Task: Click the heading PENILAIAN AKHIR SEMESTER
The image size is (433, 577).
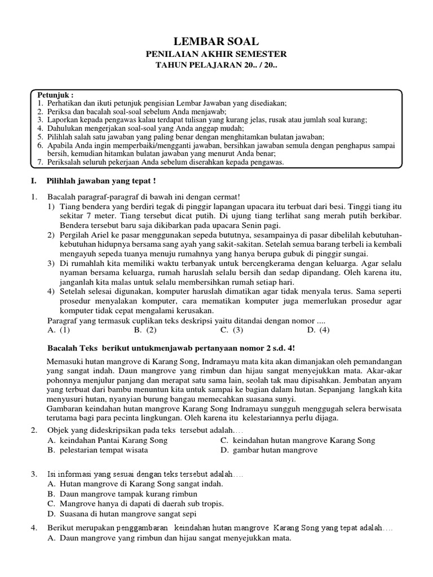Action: (x=216, y=54)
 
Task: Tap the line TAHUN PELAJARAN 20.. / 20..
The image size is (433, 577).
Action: (x=216, y=65)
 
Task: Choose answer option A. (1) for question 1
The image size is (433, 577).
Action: (x=59, y=330)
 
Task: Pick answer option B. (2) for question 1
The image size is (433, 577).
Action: (x=145, y=330)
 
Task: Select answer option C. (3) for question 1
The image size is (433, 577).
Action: (x=232, y=330)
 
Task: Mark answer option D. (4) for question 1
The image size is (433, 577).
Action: (x=318, y=330)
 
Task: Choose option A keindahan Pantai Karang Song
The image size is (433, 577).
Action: (x=108, y=440)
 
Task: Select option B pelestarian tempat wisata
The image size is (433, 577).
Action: (x=98, y=450)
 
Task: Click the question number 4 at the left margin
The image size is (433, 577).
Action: (x=34, y=528)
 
